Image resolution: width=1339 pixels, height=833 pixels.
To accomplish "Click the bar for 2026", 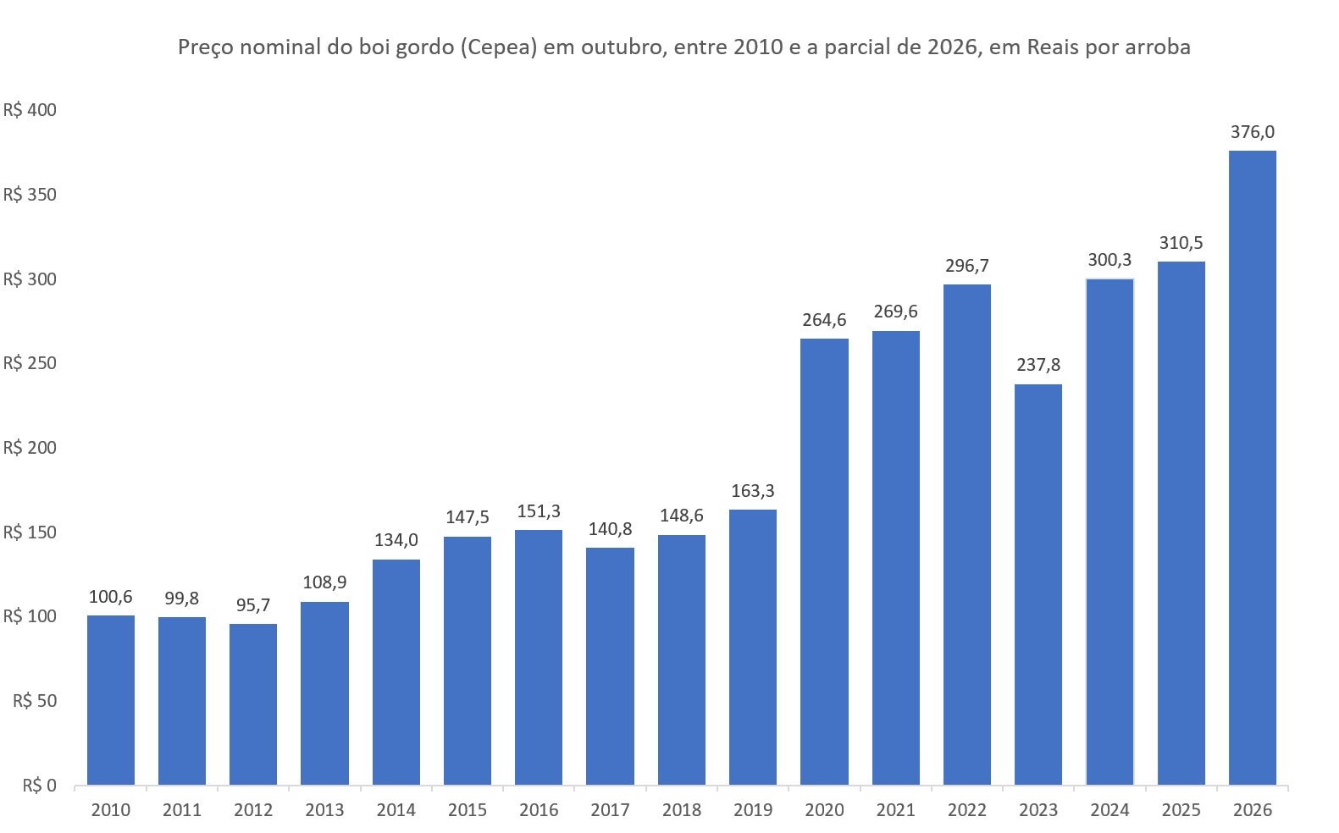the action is (1253, 467).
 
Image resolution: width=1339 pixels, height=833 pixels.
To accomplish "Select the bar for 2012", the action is (253, 704).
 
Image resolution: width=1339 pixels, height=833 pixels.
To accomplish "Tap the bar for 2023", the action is (1038, 584).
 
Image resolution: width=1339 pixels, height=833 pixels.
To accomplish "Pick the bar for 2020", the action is (824, 562).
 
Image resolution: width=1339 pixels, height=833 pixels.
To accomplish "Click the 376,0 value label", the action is (1253, 132).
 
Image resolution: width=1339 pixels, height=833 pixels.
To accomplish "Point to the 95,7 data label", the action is (253, 605).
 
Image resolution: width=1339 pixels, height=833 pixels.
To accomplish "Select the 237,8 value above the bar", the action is (1038, 365).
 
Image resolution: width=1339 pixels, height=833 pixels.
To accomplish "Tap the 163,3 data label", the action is (753, 491).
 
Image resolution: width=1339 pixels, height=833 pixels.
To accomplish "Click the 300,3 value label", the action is (1109, 260).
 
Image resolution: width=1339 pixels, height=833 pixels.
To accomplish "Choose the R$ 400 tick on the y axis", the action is (30, 110).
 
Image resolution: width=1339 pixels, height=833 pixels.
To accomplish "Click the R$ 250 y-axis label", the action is (30, 363).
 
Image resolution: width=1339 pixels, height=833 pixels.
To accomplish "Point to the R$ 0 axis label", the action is (40, 786).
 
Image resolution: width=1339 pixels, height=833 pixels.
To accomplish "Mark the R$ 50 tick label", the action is (35, 700).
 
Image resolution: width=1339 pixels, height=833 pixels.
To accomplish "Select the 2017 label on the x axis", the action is (610, 810).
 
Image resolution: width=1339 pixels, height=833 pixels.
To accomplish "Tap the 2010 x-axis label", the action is (111, 810).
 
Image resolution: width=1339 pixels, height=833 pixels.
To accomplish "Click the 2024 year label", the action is (1109, 810).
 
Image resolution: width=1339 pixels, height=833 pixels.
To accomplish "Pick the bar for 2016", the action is (539, 657).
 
